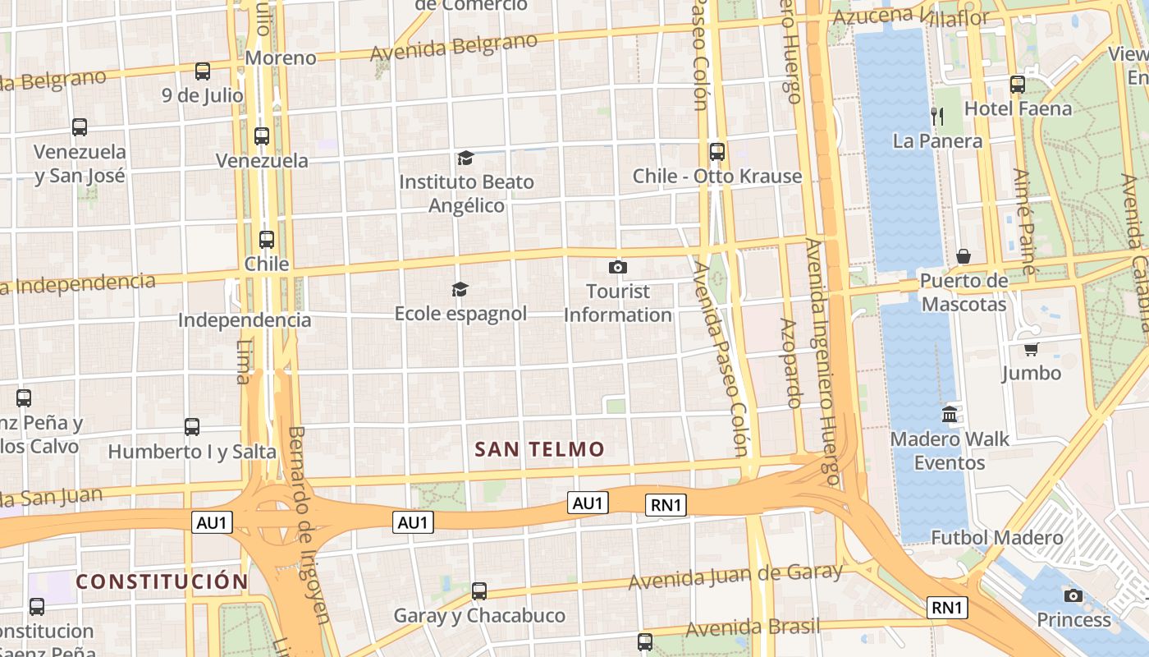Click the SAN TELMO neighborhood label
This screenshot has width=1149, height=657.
[x=539, y=449]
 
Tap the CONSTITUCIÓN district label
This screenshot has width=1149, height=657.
[x=162, y=581]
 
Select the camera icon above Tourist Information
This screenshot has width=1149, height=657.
[x=618, y=267]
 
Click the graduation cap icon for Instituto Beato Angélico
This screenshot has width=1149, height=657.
[x=465, y=158]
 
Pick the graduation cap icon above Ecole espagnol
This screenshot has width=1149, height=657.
[x=460, y=289]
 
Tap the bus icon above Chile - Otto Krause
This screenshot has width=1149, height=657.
[x=716, y=151]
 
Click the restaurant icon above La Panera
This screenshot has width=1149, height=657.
[x=936, y=116]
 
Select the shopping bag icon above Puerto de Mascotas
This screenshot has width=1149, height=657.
[x=964, y=256]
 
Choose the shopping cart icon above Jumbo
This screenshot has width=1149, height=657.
[x=1032, y=349]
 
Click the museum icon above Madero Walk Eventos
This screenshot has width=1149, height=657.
[x=950, y=414]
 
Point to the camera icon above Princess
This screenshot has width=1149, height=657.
[x=1073, y=595]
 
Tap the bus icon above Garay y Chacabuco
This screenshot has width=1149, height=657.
[x=479, y=590]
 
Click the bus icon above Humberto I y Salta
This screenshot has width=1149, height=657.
[x=192, y=426]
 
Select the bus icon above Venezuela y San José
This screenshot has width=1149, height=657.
[x=80, y=127]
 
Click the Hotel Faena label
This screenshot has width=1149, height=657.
[x=1018, y=108]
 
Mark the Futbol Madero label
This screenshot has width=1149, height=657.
[x=996, y=538]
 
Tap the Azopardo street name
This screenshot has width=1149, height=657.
[x=791, y=363]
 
